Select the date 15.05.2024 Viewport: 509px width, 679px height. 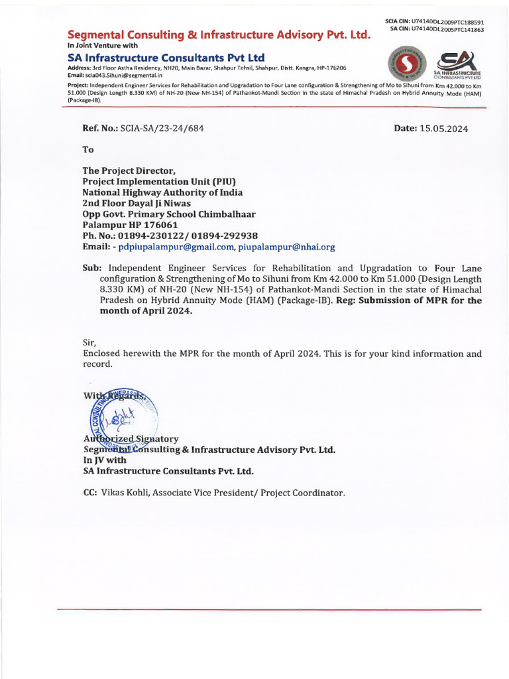pos(443,129)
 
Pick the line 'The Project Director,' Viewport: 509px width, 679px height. pos(129,170)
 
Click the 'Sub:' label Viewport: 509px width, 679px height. pos(91,268)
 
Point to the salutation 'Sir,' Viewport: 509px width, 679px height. pos(89,343)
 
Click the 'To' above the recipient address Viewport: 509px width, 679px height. pos(88,150)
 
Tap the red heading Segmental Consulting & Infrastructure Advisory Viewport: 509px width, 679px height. pos(219,34)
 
